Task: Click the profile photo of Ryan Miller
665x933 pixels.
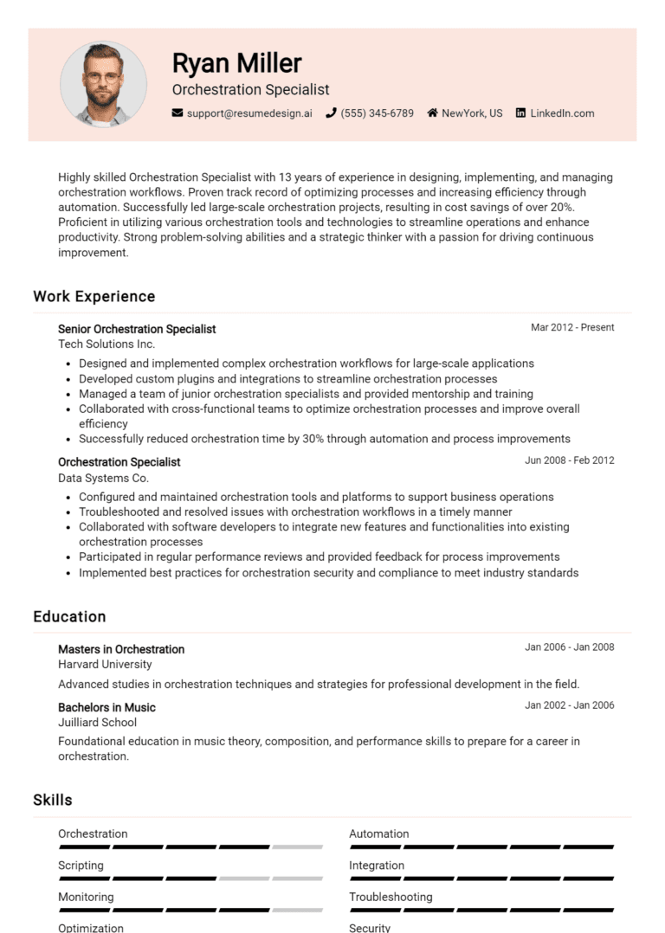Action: click(103, 84)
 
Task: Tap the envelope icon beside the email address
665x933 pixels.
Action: click(178, 113)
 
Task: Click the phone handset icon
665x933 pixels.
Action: click(331, 113)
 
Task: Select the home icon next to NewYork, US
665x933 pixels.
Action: click(432, 113)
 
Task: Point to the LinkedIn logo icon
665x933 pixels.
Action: click(520, 113)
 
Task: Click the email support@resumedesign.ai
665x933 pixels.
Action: click(249, 113)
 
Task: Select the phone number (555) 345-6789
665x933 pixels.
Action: click(377, 113)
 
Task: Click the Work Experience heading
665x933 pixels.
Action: click(94, 296)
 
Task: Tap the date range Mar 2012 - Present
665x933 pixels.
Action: click(572, 327)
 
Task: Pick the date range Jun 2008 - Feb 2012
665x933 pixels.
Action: click(569, 460)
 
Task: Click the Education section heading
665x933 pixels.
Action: click(69, 616)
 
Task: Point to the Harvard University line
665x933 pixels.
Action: click(105, 665)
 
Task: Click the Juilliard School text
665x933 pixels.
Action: click(97, 723)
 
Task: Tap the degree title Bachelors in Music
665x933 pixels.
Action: click(107, 707)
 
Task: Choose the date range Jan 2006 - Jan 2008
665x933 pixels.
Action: click(569, 647)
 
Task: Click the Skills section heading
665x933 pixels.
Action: click(53, 800)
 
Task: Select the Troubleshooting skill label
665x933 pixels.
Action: click(391, 897)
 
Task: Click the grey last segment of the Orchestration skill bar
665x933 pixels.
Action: click(297, 847)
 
